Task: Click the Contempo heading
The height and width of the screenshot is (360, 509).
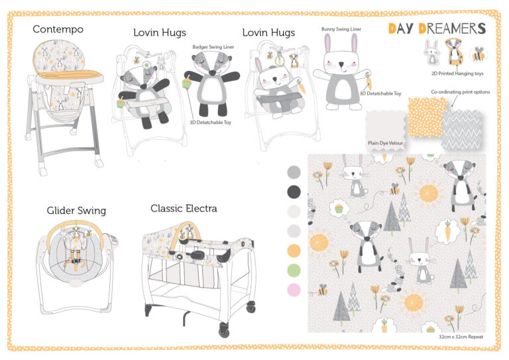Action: coord(58,29)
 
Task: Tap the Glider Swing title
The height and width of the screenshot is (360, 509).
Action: coord(76,211)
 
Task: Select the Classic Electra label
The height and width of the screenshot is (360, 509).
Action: coord(184,208)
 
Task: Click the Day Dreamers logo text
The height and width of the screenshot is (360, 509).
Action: coord(437,29)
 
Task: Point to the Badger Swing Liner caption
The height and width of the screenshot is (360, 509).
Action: coord(213,47)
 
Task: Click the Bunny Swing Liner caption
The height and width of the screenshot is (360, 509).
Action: coord(341,29)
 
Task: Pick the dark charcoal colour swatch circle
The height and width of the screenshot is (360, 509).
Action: coord(294,192)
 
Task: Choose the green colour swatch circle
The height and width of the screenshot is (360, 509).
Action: coord(294,270)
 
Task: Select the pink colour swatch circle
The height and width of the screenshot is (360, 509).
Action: coord(294,290)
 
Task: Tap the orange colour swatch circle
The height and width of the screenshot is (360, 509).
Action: coord(294,251)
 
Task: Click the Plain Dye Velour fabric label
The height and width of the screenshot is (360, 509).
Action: coord(385,143)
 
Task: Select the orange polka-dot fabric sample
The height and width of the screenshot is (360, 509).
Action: coord(427,117)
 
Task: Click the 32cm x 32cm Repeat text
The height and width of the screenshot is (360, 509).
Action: coord(461,337)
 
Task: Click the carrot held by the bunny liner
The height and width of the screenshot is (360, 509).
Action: coord(368,81)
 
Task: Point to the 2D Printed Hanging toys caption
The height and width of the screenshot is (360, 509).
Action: coord(457,74)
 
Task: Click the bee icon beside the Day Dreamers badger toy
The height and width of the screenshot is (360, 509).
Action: coord(478,54)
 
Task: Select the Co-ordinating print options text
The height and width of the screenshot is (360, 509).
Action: coord(461,92)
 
